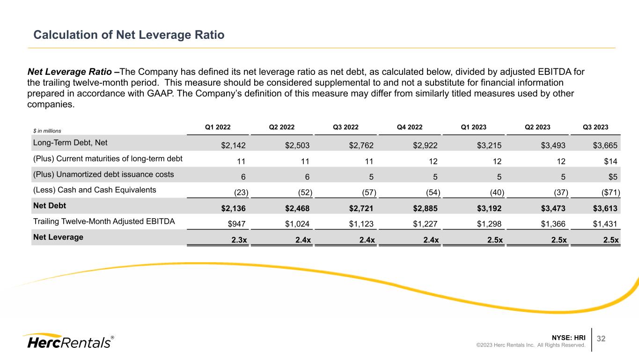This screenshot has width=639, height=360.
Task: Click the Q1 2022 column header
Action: point(218,126)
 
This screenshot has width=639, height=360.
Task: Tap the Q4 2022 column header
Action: point(410,126)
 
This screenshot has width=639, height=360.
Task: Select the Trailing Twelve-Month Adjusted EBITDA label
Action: point(103,221)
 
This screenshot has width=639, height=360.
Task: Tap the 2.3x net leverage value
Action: point(239,240)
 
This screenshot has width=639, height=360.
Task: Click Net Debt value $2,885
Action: point(426,209)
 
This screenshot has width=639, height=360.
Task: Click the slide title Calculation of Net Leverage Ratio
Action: point(129,35)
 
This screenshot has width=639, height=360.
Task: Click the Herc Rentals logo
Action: point(68,341)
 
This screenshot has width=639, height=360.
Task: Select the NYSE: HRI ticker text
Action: point(568,337)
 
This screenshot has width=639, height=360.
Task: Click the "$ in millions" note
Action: point(47,131)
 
